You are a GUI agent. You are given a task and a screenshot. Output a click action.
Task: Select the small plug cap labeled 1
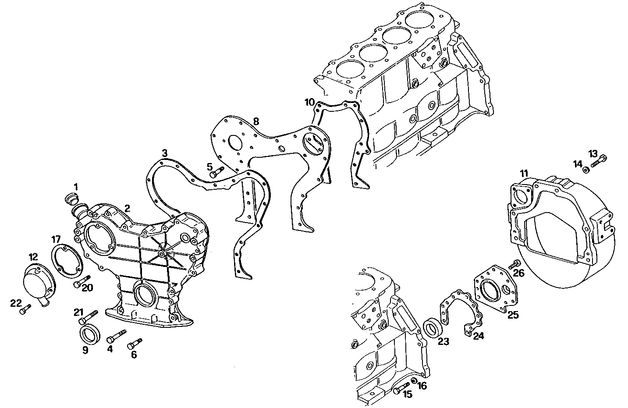(71, 199)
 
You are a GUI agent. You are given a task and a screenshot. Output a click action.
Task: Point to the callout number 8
(256, 121)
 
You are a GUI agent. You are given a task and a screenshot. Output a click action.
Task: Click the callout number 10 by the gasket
(310, 103)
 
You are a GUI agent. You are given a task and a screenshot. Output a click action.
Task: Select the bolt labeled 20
(82, 282)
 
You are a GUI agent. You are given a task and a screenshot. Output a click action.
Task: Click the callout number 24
(478, 336)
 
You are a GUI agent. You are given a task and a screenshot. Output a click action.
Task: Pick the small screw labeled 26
(514, 264)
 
